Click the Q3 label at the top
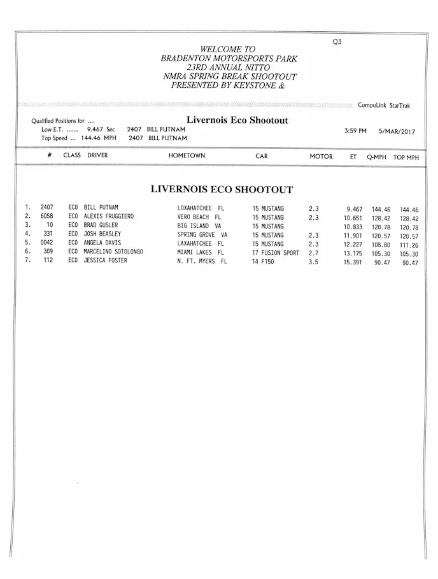(x=337, y=42)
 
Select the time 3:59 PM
(x=355, y=131)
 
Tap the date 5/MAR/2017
(x=397, y=131)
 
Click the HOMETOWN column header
(x=187, y=156)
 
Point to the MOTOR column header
(x=321, y=157)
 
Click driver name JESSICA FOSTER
(x=105, y=261)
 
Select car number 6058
(x=46, y=217)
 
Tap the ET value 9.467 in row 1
(x=354, y=209)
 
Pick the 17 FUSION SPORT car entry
(x=275, y=253)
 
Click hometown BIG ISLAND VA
(x=199, y=225)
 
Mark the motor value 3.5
(x=313, y=261)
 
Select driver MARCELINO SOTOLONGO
(x=113, y=252)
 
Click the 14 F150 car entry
(x=263, y=261)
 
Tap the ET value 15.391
(x=353, y=262)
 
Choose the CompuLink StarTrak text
(x=384, y=106)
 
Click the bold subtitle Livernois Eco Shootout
(x=237, y=120)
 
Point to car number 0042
(x=46, y=243)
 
